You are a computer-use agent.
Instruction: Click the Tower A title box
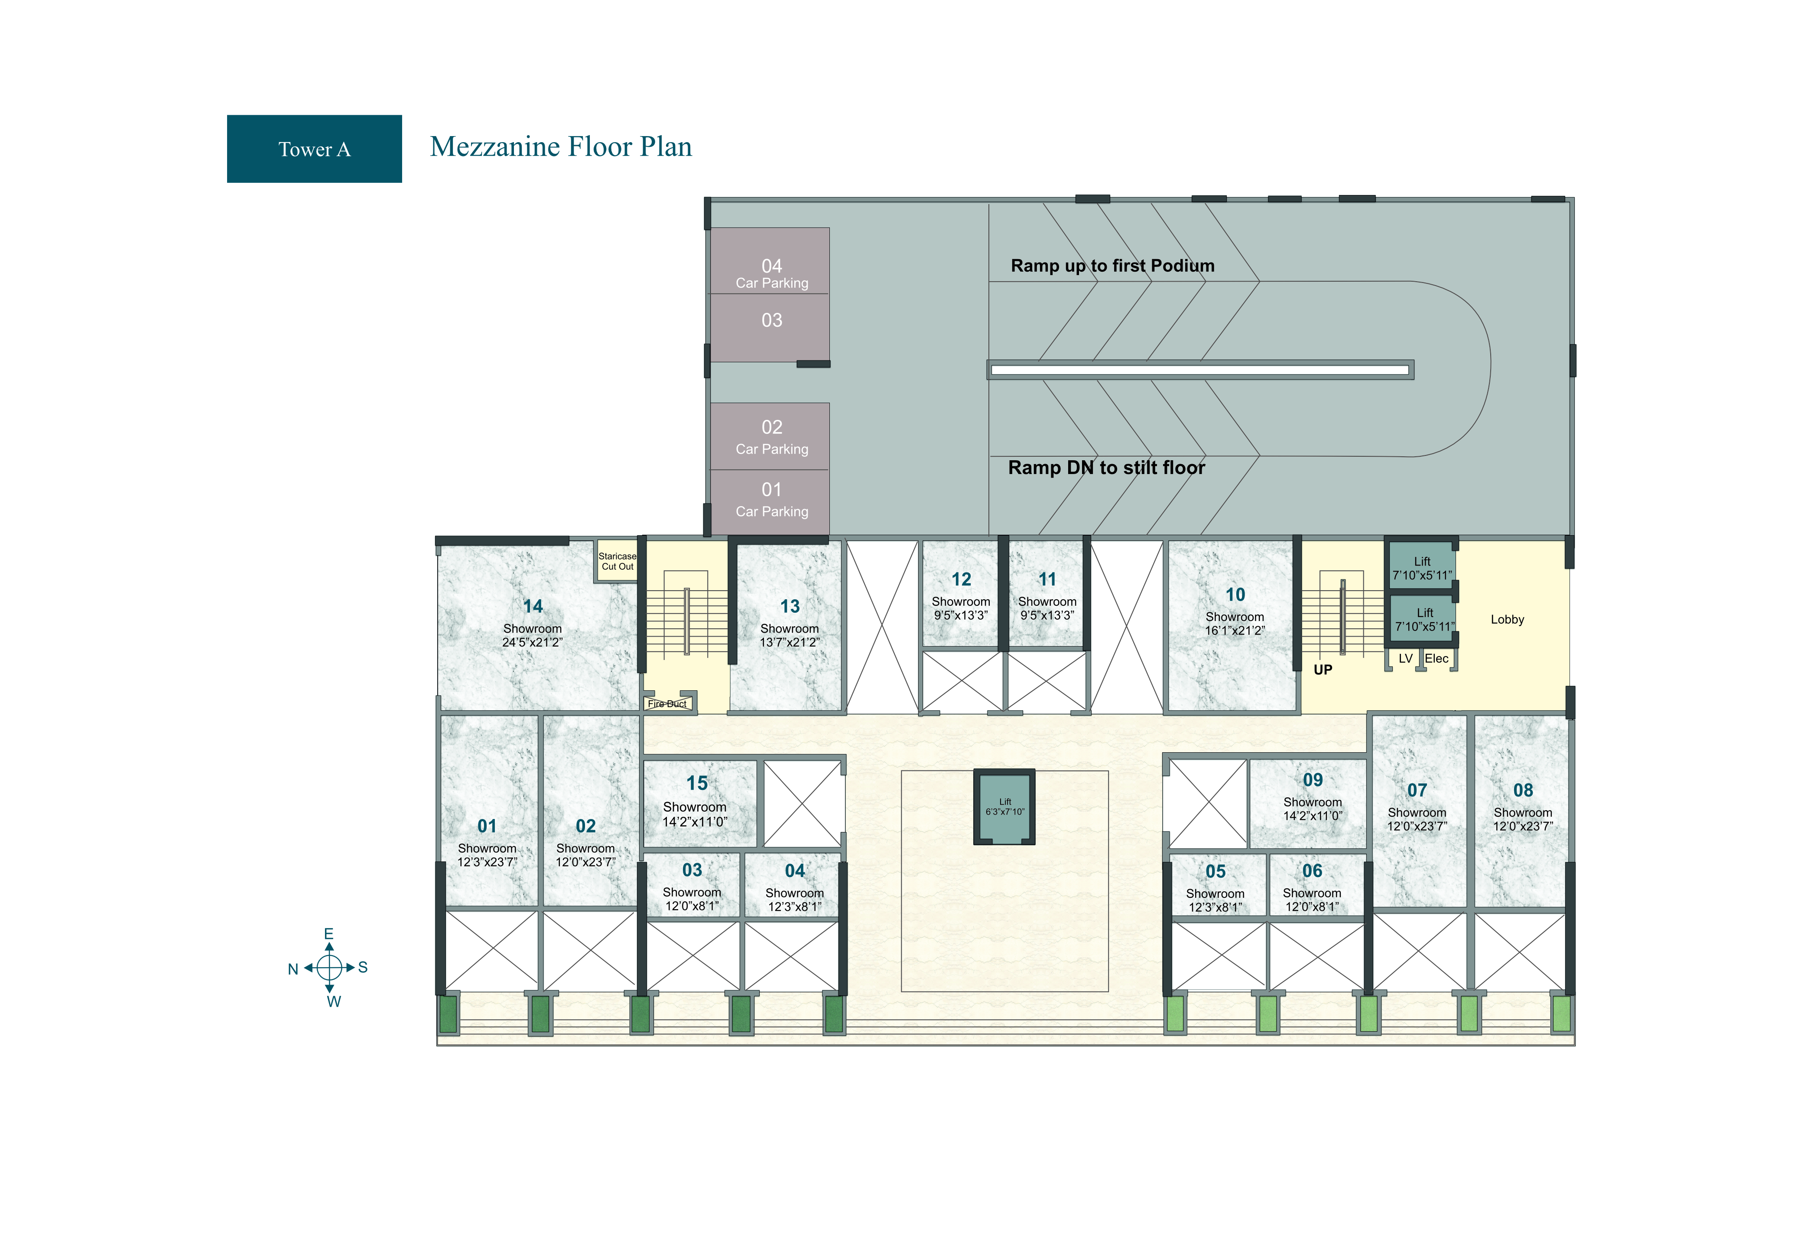[314, 149]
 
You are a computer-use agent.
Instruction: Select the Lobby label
[1507, 620]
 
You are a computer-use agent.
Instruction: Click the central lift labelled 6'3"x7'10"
[1004, 806]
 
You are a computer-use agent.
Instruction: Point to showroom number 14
[533, 606]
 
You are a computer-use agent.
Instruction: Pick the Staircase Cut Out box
[617, 561]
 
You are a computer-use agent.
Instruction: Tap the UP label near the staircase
[1323, 669]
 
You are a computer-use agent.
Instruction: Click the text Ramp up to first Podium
[1112, 266]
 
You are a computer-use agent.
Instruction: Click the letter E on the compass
[329, 933]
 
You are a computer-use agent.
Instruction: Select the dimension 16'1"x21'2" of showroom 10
[1235, 630]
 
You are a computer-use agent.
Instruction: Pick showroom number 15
[697, 783]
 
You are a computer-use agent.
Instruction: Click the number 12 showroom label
[961, 579]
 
